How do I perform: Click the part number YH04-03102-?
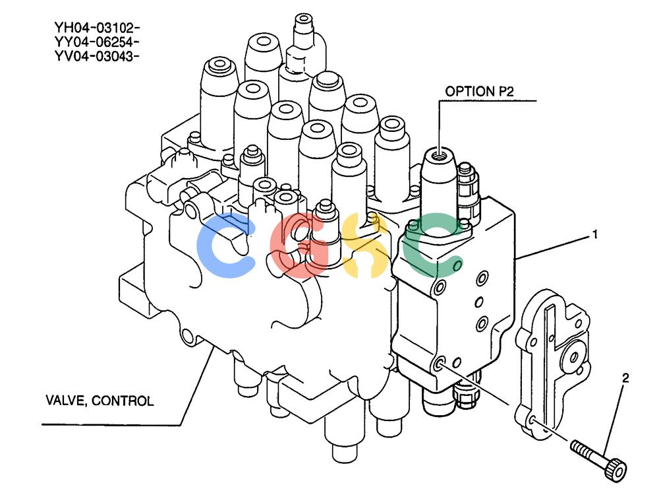(x=97, y=28)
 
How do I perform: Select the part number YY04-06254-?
(x=97, y=42)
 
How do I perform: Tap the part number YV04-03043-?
(x=97, y=56)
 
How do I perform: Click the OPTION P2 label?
(x=479, y=91)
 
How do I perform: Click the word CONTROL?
(x=123, y=401)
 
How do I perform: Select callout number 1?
(x=594, y=234)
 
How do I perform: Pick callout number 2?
(x=625, y=378)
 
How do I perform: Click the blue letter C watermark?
(x=225, y=245)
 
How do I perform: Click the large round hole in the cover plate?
(x=574, y=358)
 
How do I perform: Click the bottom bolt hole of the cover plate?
(x=532, y=420)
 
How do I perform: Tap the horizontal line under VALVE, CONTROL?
(x=111, y=424)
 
